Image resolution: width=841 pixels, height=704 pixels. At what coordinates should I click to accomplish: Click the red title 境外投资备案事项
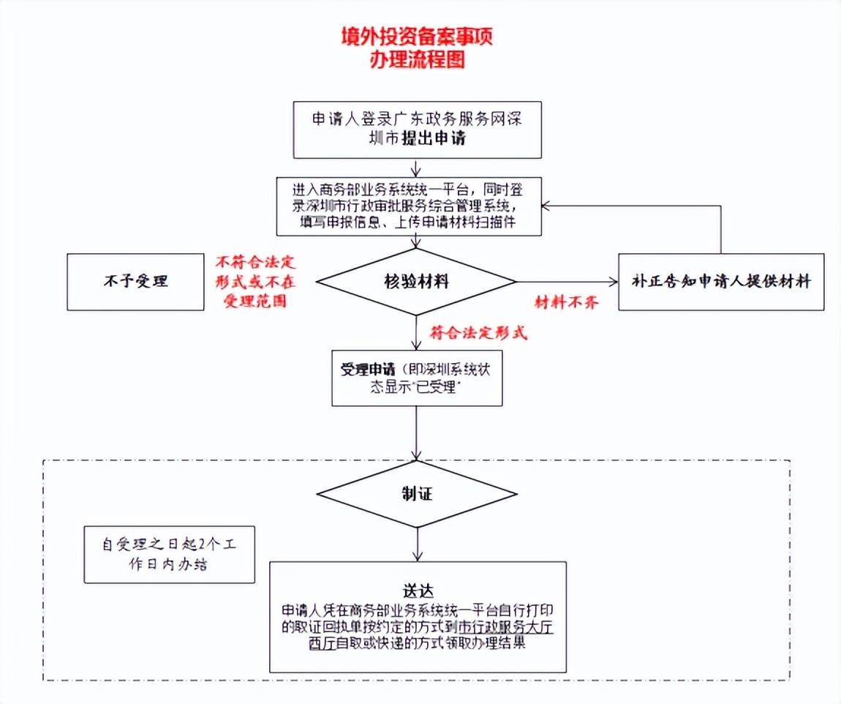pyautogui.click(x=417, y=36)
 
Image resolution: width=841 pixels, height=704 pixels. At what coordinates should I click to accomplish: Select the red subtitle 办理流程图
pyautogui.click(x=417, y=59)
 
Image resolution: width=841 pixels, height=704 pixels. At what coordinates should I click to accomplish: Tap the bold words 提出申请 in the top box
pyautogui.click(x=434, y=138)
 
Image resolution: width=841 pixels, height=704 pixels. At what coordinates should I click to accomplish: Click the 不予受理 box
pyautogui.click(x=135, y=282)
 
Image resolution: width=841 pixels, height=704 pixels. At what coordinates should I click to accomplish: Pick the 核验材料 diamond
pyautogui.click(x=416, y=282)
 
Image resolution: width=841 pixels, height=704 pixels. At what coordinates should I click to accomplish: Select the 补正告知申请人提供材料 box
pyautogui.click(x=721, y=282)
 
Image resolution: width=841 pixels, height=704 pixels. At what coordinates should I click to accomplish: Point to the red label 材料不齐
pyautogui.click(x=566, y=302)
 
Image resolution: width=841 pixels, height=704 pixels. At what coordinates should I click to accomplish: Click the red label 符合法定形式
pyautogui.click(x=478, y=333)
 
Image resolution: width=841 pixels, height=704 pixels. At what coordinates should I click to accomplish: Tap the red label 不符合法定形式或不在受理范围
pyautogui.click(x=255, y=282)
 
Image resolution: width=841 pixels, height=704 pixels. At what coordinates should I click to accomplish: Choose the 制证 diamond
pyautogui.click(x=417, y=494)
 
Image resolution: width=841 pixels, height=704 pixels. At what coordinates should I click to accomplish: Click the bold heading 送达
pyautogui.click(x=418, y=591)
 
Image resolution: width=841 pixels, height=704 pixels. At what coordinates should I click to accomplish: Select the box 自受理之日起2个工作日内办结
pyautogui.click(x=170, y=554)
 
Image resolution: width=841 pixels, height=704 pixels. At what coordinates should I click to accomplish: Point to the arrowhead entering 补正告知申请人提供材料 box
pyautogui.click(x=614, y=282)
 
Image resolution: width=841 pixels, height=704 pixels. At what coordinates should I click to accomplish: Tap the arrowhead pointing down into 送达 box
pyautogui.click(x=418, y=557)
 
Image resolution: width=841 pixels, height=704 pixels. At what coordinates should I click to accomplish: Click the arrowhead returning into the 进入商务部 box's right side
pyautogui.click(x=546, y=206)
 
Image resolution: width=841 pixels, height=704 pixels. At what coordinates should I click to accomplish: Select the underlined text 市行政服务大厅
pyautogui.click(x=506, y=626)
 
